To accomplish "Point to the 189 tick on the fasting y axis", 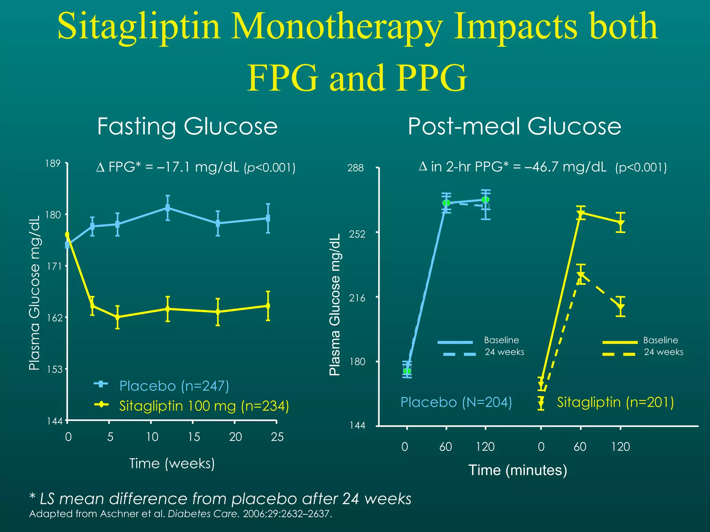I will pos(53,163).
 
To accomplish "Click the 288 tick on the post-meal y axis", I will pos(355,168).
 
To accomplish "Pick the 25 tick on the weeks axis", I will pos(277,437).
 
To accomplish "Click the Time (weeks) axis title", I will pos(172,463).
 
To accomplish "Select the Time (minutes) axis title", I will pos(518,470).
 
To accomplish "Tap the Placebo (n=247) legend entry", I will pos(174,386).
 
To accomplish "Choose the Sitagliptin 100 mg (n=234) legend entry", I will pos(204,406).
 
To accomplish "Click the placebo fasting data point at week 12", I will pos(167,208).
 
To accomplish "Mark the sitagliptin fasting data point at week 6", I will pos(118,317).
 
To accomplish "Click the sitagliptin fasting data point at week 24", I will pos(268,306).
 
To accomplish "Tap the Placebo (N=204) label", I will pos(456,402).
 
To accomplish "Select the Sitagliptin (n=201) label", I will pos(615,402).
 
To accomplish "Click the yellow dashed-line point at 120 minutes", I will pos(621,307).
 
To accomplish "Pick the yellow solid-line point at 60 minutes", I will pos(581,213).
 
